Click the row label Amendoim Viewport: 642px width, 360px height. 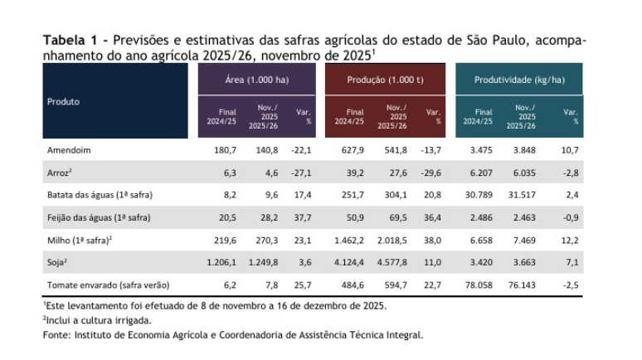[x=68, y=150]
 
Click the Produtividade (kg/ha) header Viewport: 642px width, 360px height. [x=519, y=80]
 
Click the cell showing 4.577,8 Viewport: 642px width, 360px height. [x=393, y=262]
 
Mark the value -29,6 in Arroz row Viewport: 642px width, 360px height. [x=430, y=173]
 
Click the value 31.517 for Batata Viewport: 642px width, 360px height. [x=521, y=195]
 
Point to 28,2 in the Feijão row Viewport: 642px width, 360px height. [x=269, y=217]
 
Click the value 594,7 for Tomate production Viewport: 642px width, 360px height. [x=396, y=285]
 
